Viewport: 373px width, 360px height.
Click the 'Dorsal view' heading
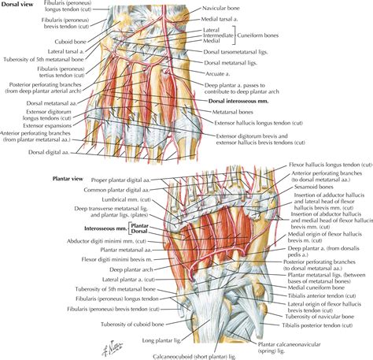click(19, 4)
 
